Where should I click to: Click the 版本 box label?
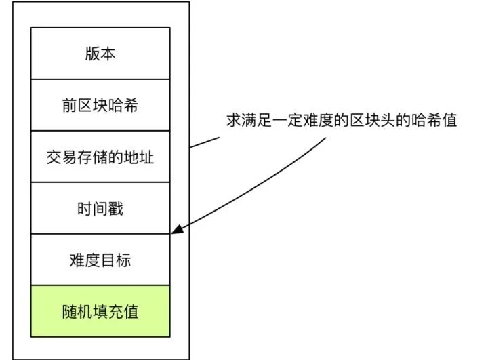[100, 54]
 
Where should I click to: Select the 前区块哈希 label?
[100, 105]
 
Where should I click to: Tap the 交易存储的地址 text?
[100, 157]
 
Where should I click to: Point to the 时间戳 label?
[100, 208]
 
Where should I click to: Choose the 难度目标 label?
[100, 260]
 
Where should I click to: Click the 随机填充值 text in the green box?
[100, 311]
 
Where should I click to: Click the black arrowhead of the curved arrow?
[178, 229]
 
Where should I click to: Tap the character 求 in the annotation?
[234, 120]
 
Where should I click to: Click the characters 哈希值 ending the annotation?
[434, 120]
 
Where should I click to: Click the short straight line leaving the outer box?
[205, 142]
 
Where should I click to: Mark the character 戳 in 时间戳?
[115, 208]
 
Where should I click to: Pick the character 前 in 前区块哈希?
[70, 105]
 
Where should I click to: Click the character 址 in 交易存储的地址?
[146, 157]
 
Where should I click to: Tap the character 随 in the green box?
[70, 311]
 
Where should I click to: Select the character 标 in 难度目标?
[123, 260]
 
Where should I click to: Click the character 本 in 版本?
[108, 54]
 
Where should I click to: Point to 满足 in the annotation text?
[257, 120]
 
